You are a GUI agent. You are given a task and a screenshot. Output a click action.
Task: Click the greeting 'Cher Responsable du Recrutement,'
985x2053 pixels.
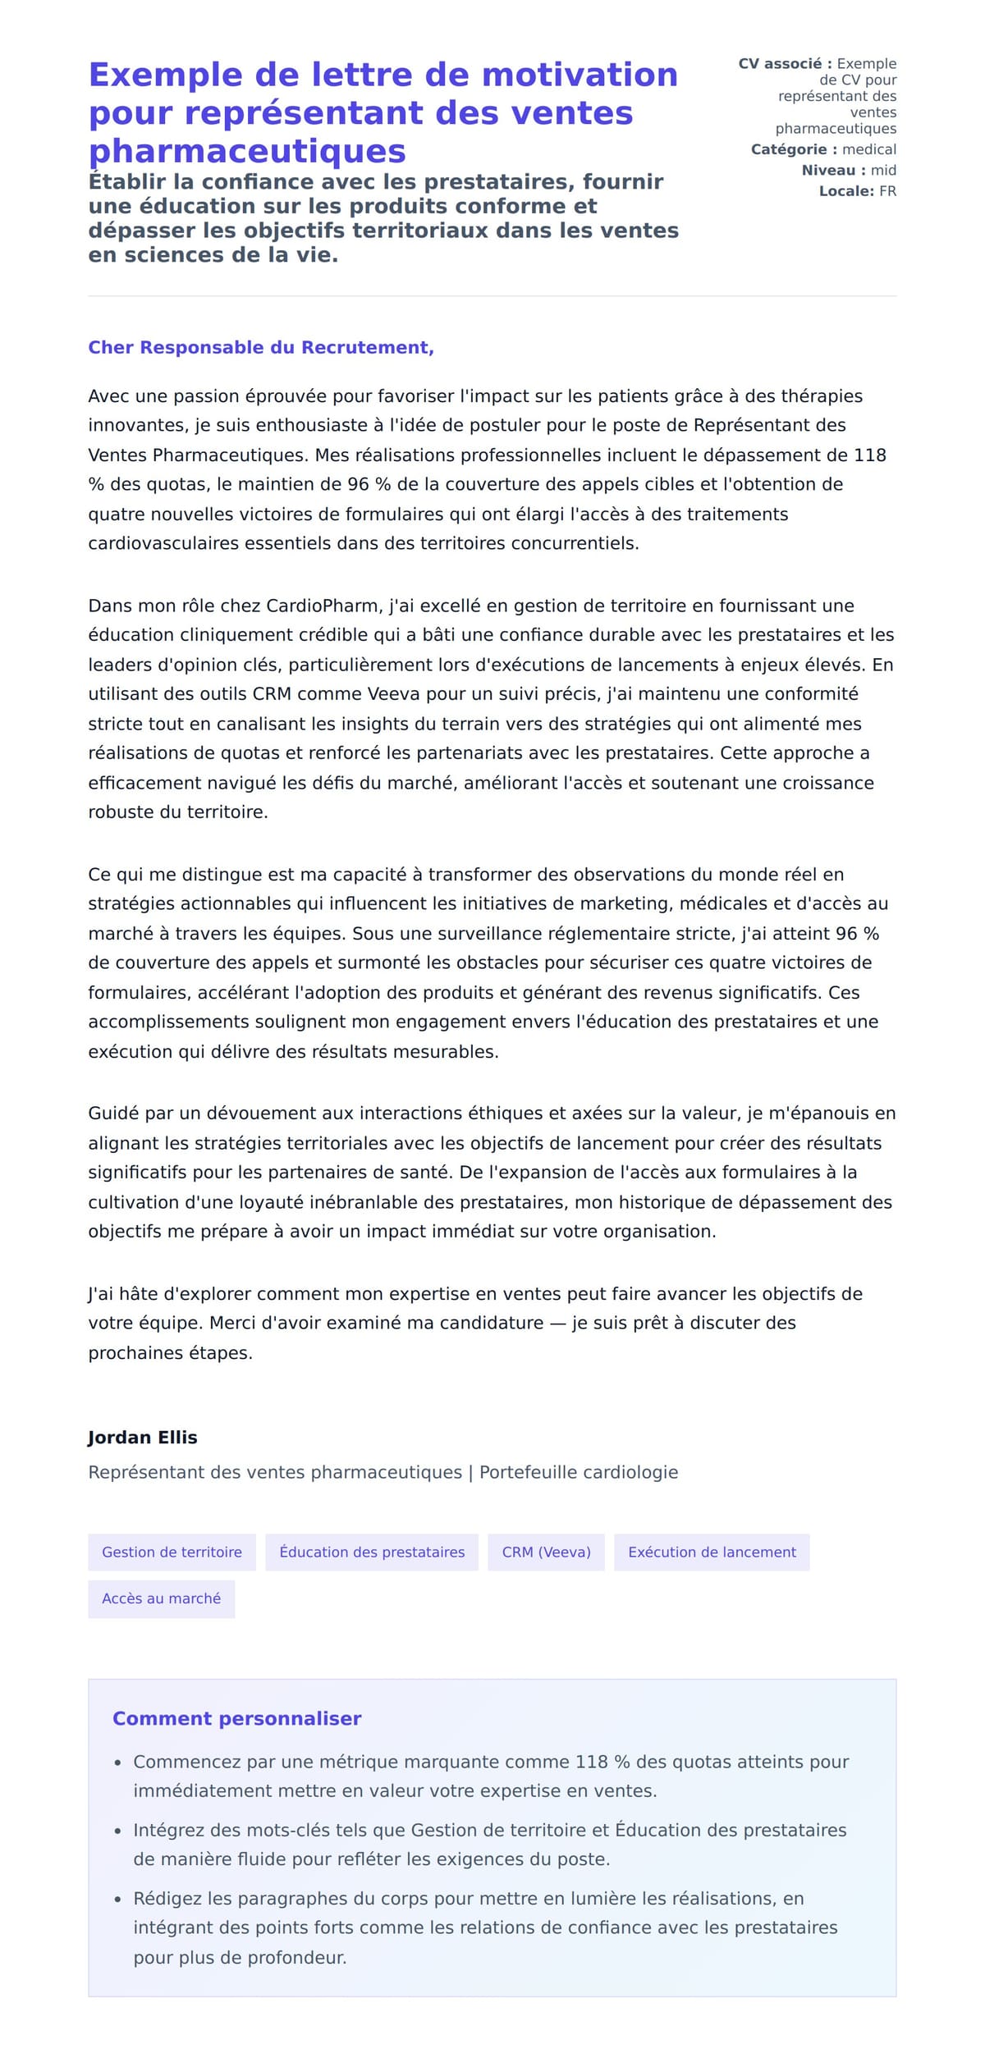(261, 347)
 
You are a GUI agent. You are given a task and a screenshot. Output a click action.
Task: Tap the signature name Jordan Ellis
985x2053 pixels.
(142, 1437)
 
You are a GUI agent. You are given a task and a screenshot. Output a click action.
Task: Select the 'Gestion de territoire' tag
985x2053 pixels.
(172, 1552)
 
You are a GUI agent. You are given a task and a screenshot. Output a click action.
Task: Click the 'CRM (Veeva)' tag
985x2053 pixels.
(546, 1552)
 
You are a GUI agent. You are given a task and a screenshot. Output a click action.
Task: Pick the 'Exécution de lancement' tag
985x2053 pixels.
(712, 1552)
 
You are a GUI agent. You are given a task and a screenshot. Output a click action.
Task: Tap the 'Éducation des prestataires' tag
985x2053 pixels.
(372, 1552)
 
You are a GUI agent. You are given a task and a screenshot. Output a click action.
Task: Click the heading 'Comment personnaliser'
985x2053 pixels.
(236, 1718)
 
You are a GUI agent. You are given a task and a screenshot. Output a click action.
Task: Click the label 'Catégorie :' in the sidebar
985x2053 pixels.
(794, 149)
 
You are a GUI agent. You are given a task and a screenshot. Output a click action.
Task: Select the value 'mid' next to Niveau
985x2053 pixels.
(883, 170)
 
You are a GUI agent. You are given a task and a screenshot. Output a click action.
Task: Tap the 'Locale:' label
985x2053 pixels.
(846, 191)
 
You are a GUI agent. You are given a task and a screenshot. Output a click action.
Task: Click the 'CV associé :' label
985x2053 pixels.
(785, 64)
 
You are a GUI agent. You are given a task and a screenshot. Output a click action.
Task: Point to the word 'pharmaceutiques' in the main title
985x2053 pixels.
(247, 151)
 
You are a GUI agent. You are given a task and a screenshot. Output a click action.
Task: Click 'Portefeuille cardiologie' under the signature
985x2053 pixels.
(579, 1472)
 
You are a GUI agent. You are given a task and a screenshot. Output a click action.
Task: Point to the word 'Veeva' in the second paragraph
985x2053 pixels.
(393, 694)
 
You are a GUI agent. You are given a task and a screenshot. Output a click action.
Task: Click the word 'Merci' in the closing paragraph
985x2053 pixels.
(233, 1323)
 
